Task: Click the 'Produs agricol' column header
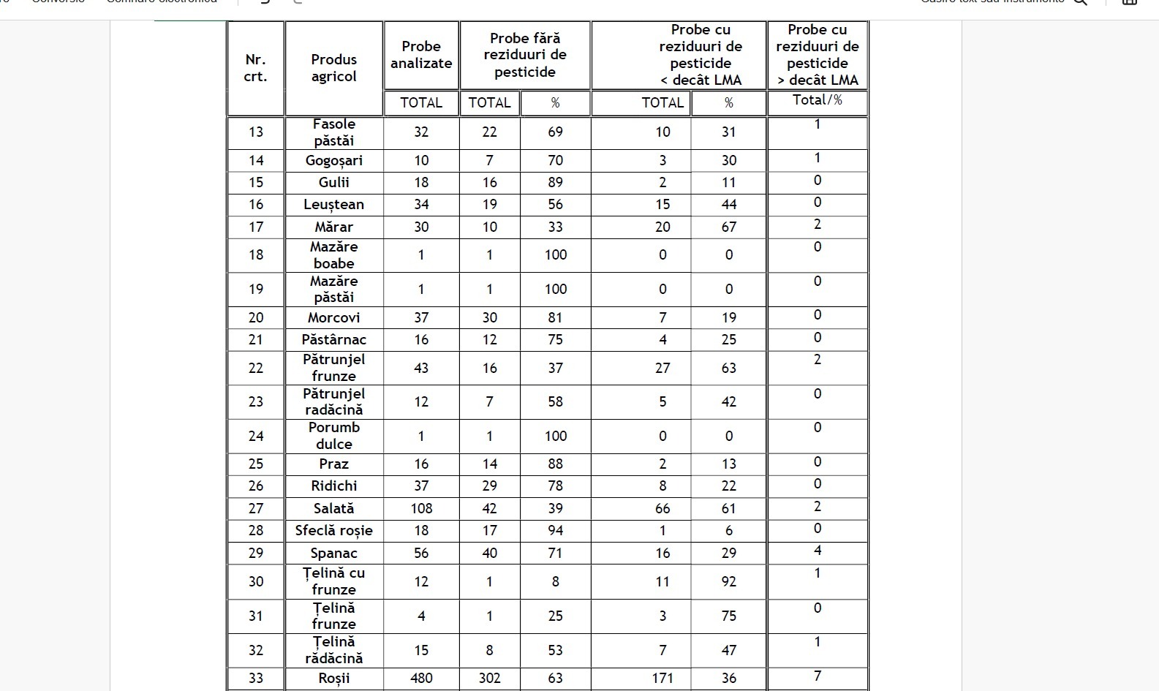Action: pos(334,68)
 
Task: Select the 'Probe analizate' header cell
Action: pos(421,55)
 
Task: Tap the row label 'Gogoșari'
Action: pos(334,161)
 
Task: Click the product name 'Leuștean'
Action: pos(334,205)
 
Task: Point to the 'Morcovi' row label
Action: pos(334,318)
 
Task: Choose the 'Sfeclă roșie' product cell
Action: pos(334,531)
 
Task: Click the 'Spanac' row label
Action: pos(334,554)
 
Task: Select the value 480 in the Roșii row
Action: pos(421,679)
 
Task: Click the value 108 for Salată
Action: pos(421,508)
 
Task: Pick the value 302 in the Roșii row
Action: pos(490,679)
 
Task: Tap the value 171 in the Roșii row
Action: pos(662,679)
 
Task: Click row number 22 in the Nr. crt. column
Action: pos(256,369)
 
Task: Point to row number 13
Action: pos(256,132)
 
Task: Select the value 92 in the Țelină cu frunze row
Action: pos(729,582)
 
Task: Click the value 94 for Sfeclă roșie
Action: pos(556,531)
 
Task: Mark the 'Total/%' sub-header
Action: pos(818,100)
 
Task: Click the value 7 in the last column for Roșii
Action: pos(818,676)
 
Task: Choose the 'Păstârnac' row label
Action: pos(334,340)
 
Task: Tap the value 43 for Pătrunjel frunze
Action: pos(421,369)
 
